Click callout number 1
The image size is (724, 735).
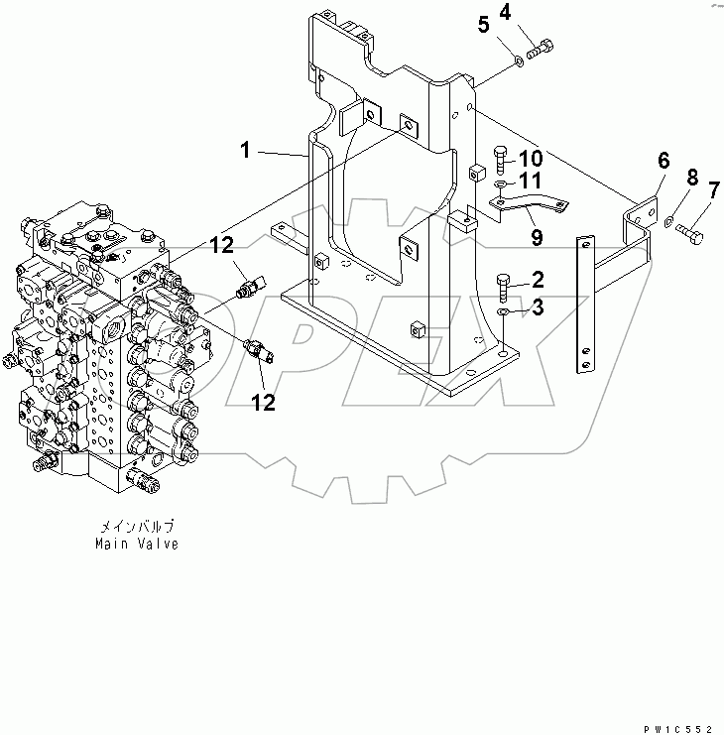[243, 151]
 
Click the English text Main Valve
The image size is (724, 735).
[137, 544]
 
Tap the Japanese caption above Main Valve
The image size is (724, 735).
[137, 528]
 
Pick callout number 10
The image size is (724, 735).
[530, 158]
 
